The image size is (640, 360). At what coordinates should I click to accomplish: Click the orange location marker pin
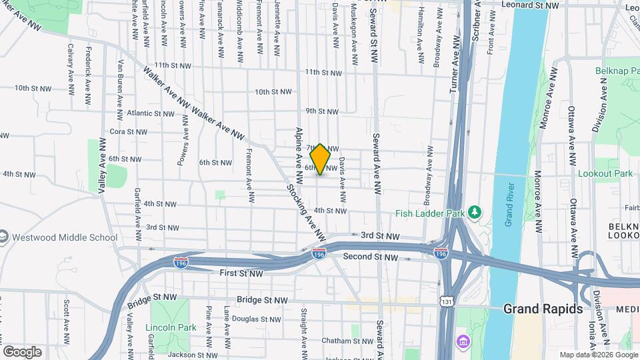[x=321, y=159]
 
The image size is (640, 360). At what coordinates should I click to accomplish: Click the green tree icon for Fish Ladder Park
[x=474, y=212]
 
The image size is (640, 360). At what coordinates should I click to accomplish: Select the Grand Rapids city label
[x=543, y=309]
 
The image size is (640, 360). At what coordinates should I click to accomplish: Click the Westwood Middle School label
[x=64, y=237]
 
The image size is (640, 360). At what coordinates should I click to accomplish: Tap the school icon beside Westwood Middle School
[x=3, y=237]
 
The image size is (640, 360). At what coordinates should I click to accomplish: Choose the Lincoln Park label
[x=171, y=327]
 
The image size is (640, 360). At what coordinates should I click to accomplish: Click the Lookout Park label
[x=605, y=173]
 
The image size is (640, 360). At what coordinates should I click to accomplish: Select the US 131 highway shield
[x=446, y=301]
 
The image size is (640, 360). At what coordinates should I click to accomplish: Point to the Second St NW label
[x=370, y=257]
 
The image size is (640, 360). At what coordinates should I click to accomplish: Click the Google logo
[x=22, y=351]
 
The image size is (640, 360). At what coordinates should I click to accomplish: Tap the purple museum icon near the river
[x=463, y=341]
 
